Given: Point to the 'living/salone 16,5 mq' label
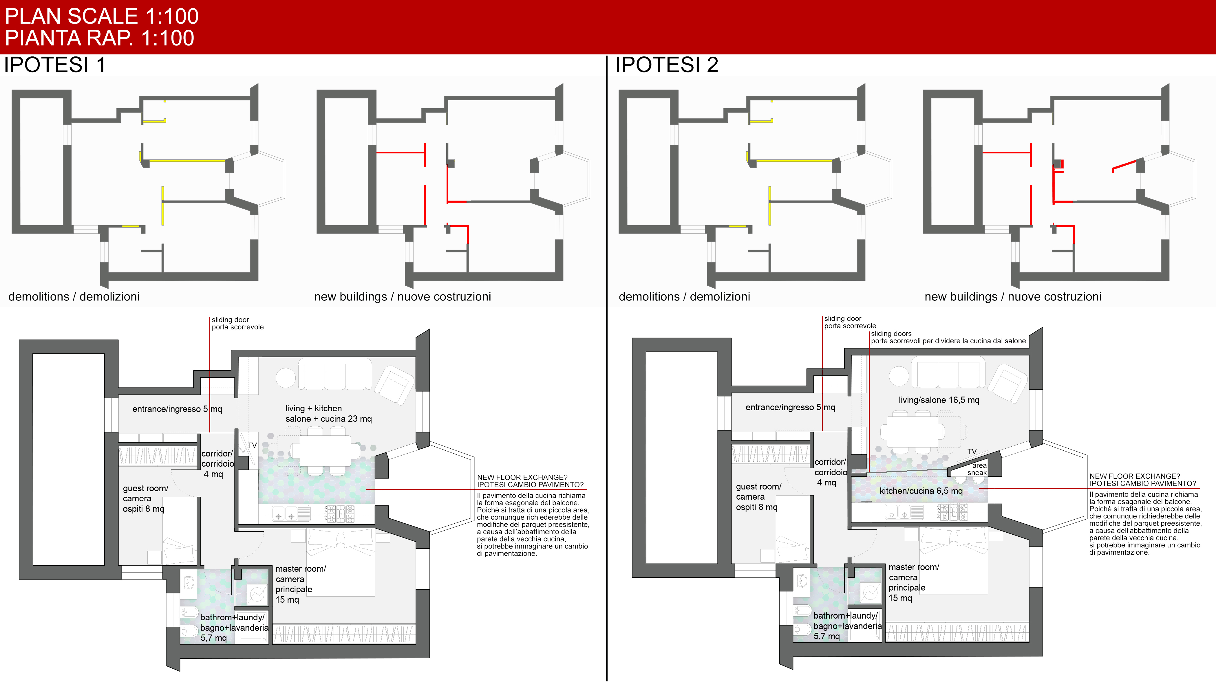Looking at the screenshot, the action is click(x=939, y=400).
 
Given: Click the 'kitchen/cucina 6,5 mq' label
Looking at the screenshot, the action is click(x=921, y=491).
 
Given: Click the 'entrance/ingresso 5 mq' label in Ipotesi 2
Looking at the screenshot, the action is click(x=790, y=407).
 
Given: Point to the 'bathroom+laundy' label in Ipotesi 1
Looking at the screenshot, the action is click(x=232, y=617).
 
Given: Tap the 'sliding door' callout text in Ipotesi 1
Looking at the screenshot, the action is click(x=230, y=320).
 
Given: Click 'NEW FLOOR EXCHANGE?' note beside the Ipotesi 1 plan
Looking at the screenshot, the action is click(x=522, y=477).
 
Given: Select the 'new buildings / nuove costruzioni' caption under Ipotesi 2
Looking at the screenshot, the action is click(x=1013, y=297).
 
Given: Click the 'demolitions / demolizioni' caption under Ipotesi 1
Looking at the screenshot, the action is click(x=74, y=297).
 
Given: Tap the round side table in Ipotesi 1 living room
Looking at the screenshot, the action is click(x=286, y=378).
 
